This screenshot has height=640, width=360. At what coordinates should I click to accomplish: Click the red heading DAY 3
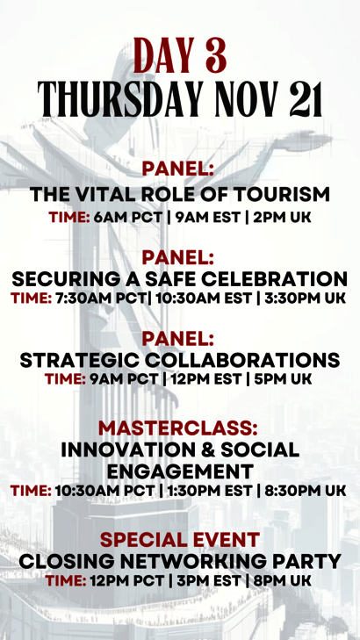[x=180, y=55]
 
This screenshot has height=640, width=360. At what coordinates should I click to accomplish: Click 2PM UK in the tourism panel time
[x=282, y=217]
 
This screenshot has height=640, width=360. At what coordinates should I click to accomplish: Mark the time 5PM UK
[x=283, y=378]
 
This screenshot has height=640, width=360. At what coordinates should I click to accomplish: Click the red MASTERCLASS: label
[x=178, y=428]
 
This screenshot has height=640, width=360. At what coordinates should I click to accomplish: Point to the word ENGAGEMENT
[x=180, y=471]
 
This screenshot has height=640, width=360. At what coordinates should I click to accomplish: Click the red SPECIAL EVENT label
[x=180, y=540]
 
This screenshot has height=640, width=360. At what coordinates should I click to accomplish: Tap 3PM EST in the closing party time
[x=207, y=580]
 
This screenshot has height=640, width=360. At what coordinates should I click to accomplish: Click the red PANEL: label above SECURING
[x=178, y=258]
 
